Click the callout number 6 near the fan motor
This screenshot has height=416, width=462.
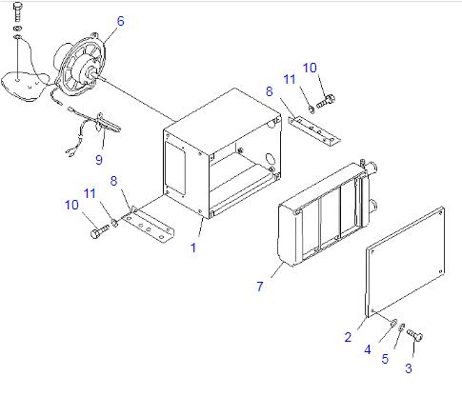(121, 21)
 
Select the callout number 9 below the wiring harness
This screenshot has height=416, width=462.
(99, 159)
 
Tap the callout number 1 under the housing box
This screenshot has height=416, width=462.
(193, 248)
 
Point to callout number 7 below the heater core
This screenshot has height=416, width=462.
(260, 287)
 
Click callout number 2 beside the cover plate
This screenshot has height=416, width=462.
(348, 337)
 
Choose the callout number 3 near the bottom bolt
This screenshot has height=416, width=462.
(409, 368)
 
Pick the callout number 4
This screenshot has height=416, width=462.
(368, 349)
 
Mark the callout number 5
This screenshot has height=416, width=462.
(385, 359)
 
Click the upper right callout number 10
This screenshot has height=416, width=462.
(310, 68)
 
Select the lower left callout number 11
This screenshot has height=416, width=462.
(90, 193)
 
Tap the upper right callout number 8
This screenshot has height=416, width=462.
(270, 91)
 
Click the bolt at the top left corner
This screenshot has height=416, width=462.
(18, 12)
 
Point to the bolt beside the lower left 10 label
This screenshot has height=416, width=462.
(99, 231)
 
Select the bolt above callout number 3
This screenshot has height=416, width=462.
(415, 335)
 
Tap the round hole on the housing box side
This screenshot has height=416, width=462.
(270, 159)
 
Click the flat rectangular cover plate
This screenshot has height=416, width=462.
(405, 262)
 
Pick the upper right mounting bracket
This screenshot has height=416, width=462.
(314, 130)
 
